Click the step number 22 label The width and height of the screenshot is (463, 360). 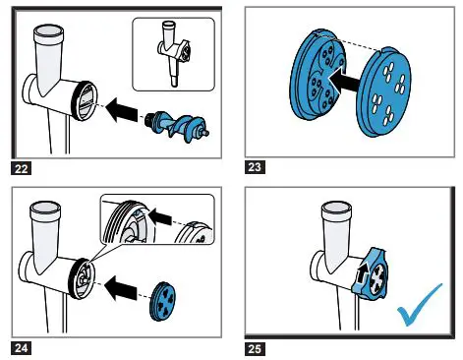coord(22,168)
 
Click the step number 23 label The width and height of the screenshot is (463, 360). coord(255,167)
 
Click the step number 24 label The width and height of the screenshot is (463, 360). coord(22,348)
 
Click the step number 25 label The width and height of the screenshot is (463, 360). coord(255,349)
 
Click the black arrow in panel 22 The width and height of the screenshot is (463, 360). coord(122,109)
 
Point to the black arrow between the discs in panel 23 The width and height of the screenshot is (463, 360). coord(344,81)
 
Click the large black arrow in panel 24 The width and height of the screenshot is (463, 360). coord(120,288)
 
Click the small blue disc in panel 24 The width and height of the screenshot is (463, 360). coord(162,301)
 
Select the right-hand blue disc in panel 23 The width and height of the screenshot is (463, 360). coord(383,91)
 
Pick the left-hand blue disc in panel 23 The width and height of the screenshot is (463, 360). coord(317,76)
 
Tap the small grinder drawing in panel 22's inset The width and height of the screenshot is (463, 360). coord(173,53)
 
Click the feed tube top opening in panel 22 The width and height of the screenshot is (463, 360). coord(49,32)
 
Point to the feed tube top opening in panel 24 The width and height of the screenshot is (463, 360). coord(45,210)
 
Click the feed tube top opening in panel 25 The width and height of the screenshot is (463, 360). coord(336,210)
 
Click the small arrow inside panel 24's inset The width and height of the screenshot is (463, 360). coord(159,215)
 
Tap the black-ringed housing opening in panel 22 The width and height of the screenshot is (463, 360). coord(85,100)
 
